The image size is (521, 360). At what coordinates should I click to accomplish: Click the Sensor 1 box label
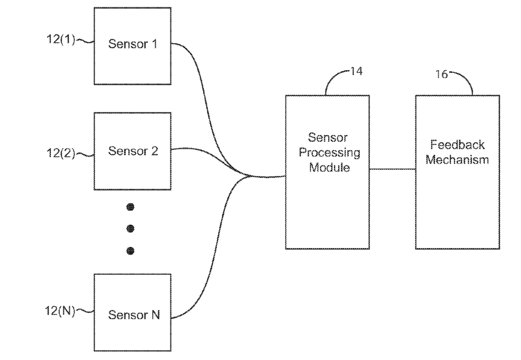click(x=133, y=44)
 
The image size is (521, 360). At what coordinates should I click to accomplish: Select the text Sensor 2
click(x=133, y=151)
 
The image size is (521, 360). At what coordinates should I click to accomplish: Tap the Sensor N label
click(x=134, y=315)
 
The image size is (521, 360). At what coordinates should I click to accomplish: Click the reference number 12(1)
click(x=60, y=39)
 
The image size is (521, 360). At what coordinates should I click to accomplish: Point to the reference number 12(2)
click(x=60, y=153)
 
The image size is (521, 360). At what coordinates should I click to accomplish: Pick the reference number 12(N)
click(x=60, y=311)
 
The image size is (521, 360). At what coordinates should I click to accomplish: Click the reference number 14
click(x=356, y=71)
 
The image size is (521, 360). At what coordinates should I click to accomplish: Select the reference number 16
click(x=442, y=74)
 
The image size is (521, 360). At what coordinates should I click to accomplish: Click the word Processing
click(x=329, y=153)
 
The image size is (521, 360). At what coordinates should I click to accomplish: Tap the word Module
click(x=329, y=167)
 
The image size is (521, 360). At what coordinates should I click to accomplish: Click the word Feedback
click(x=457, y=145)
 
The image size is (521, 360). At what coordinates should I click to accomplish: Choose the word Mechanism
click(x=457, y=160)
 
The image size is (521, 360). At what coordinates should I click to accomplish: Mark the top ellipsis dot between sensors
click(x=130, y=207)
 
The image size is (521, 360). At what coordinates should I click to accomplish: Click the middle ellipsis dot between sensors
click(x=130, y=229)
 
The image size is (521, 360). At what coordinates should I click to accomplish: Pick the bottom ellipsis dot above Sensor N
click(x=130, y=251)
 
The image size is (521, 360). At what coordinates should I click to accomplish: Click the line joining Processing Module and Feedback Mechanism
click(x=392, y=169)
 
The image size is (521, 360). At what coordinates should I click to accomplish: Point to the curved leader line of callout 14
click(x=332, y=76)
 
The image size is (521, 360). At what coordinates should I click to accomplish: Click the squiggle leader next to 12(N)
click(x=85, y=311)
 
